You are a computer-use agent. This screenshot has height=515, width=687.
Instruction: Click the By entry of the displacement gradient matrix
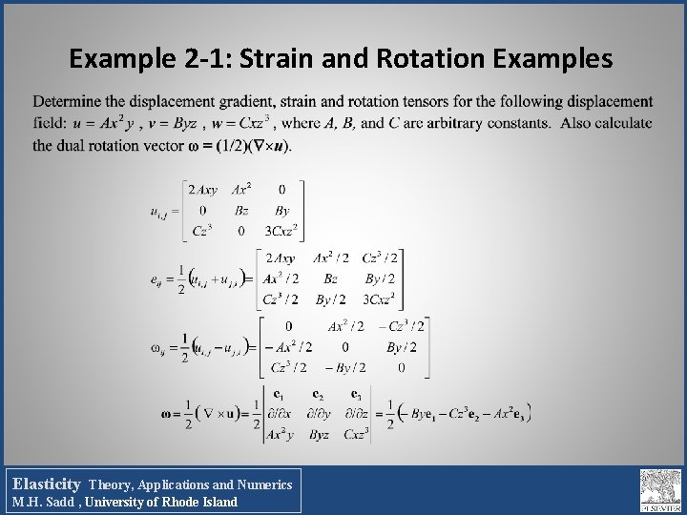[x=281, y=210]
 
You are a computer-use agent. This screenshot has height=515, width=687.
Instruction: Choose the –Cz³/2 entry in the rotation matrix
[x=402, y=327]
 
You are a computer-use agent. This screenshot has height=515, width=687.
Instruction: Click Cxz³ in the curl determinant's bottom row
[x=355, y=435]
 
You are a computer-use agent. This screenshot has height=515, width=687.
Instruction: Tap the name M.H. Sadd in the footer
[x=49, y=502]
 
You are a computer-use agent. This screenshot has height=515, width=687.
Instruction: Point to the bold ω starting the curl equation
[x=168, y=414]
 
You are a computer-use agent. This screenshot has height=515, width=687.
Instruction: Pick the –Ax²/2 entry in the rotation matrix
[x=287, y=347]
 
